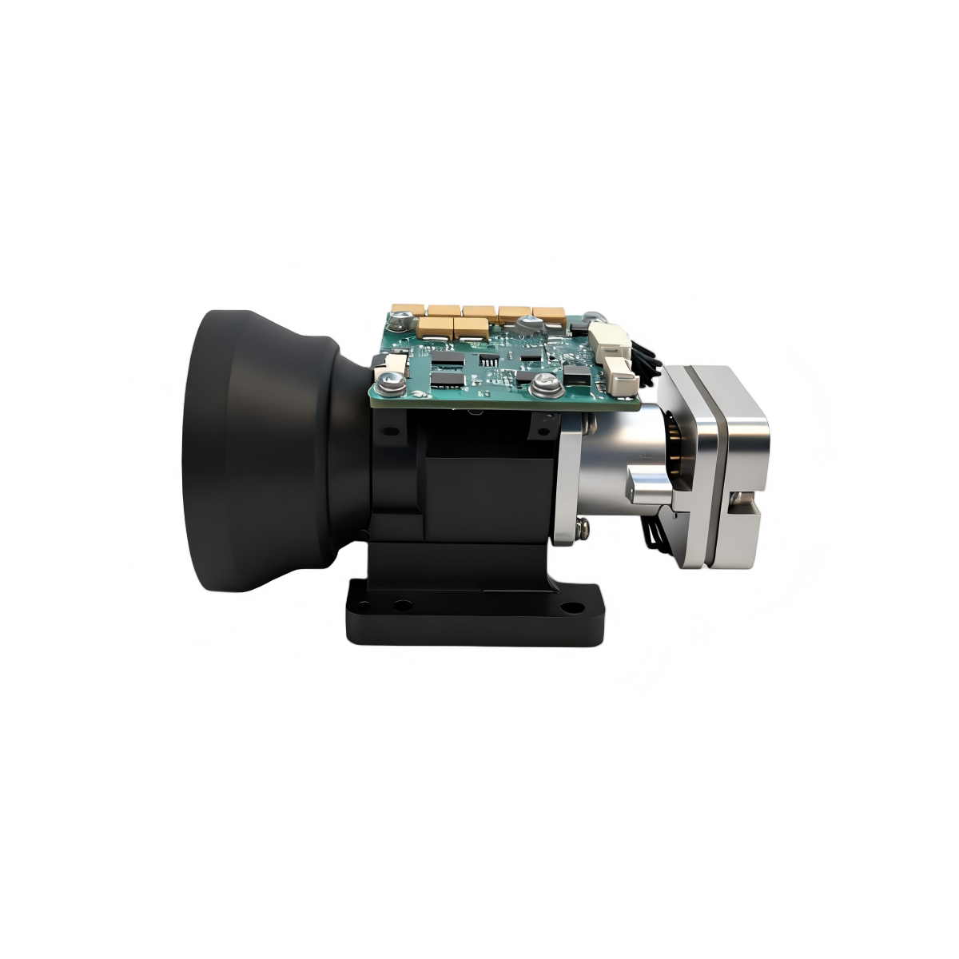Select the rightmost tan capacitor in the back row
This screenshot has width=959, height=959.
(x=550, y=315)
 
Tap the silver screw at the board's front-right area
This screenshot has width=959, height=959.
(x=545, y=383)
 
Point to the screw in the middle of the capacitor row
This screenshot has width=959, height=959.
(x=527, y=324)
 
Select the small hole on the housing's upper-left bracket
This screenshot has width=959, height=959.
(x=391, y=432)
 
